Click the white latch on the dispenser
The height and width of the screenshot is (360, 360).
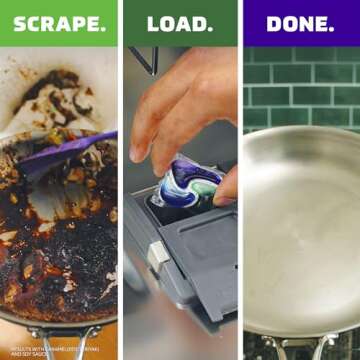157,255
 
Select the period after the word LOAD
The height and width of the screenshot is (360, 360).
209,28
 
